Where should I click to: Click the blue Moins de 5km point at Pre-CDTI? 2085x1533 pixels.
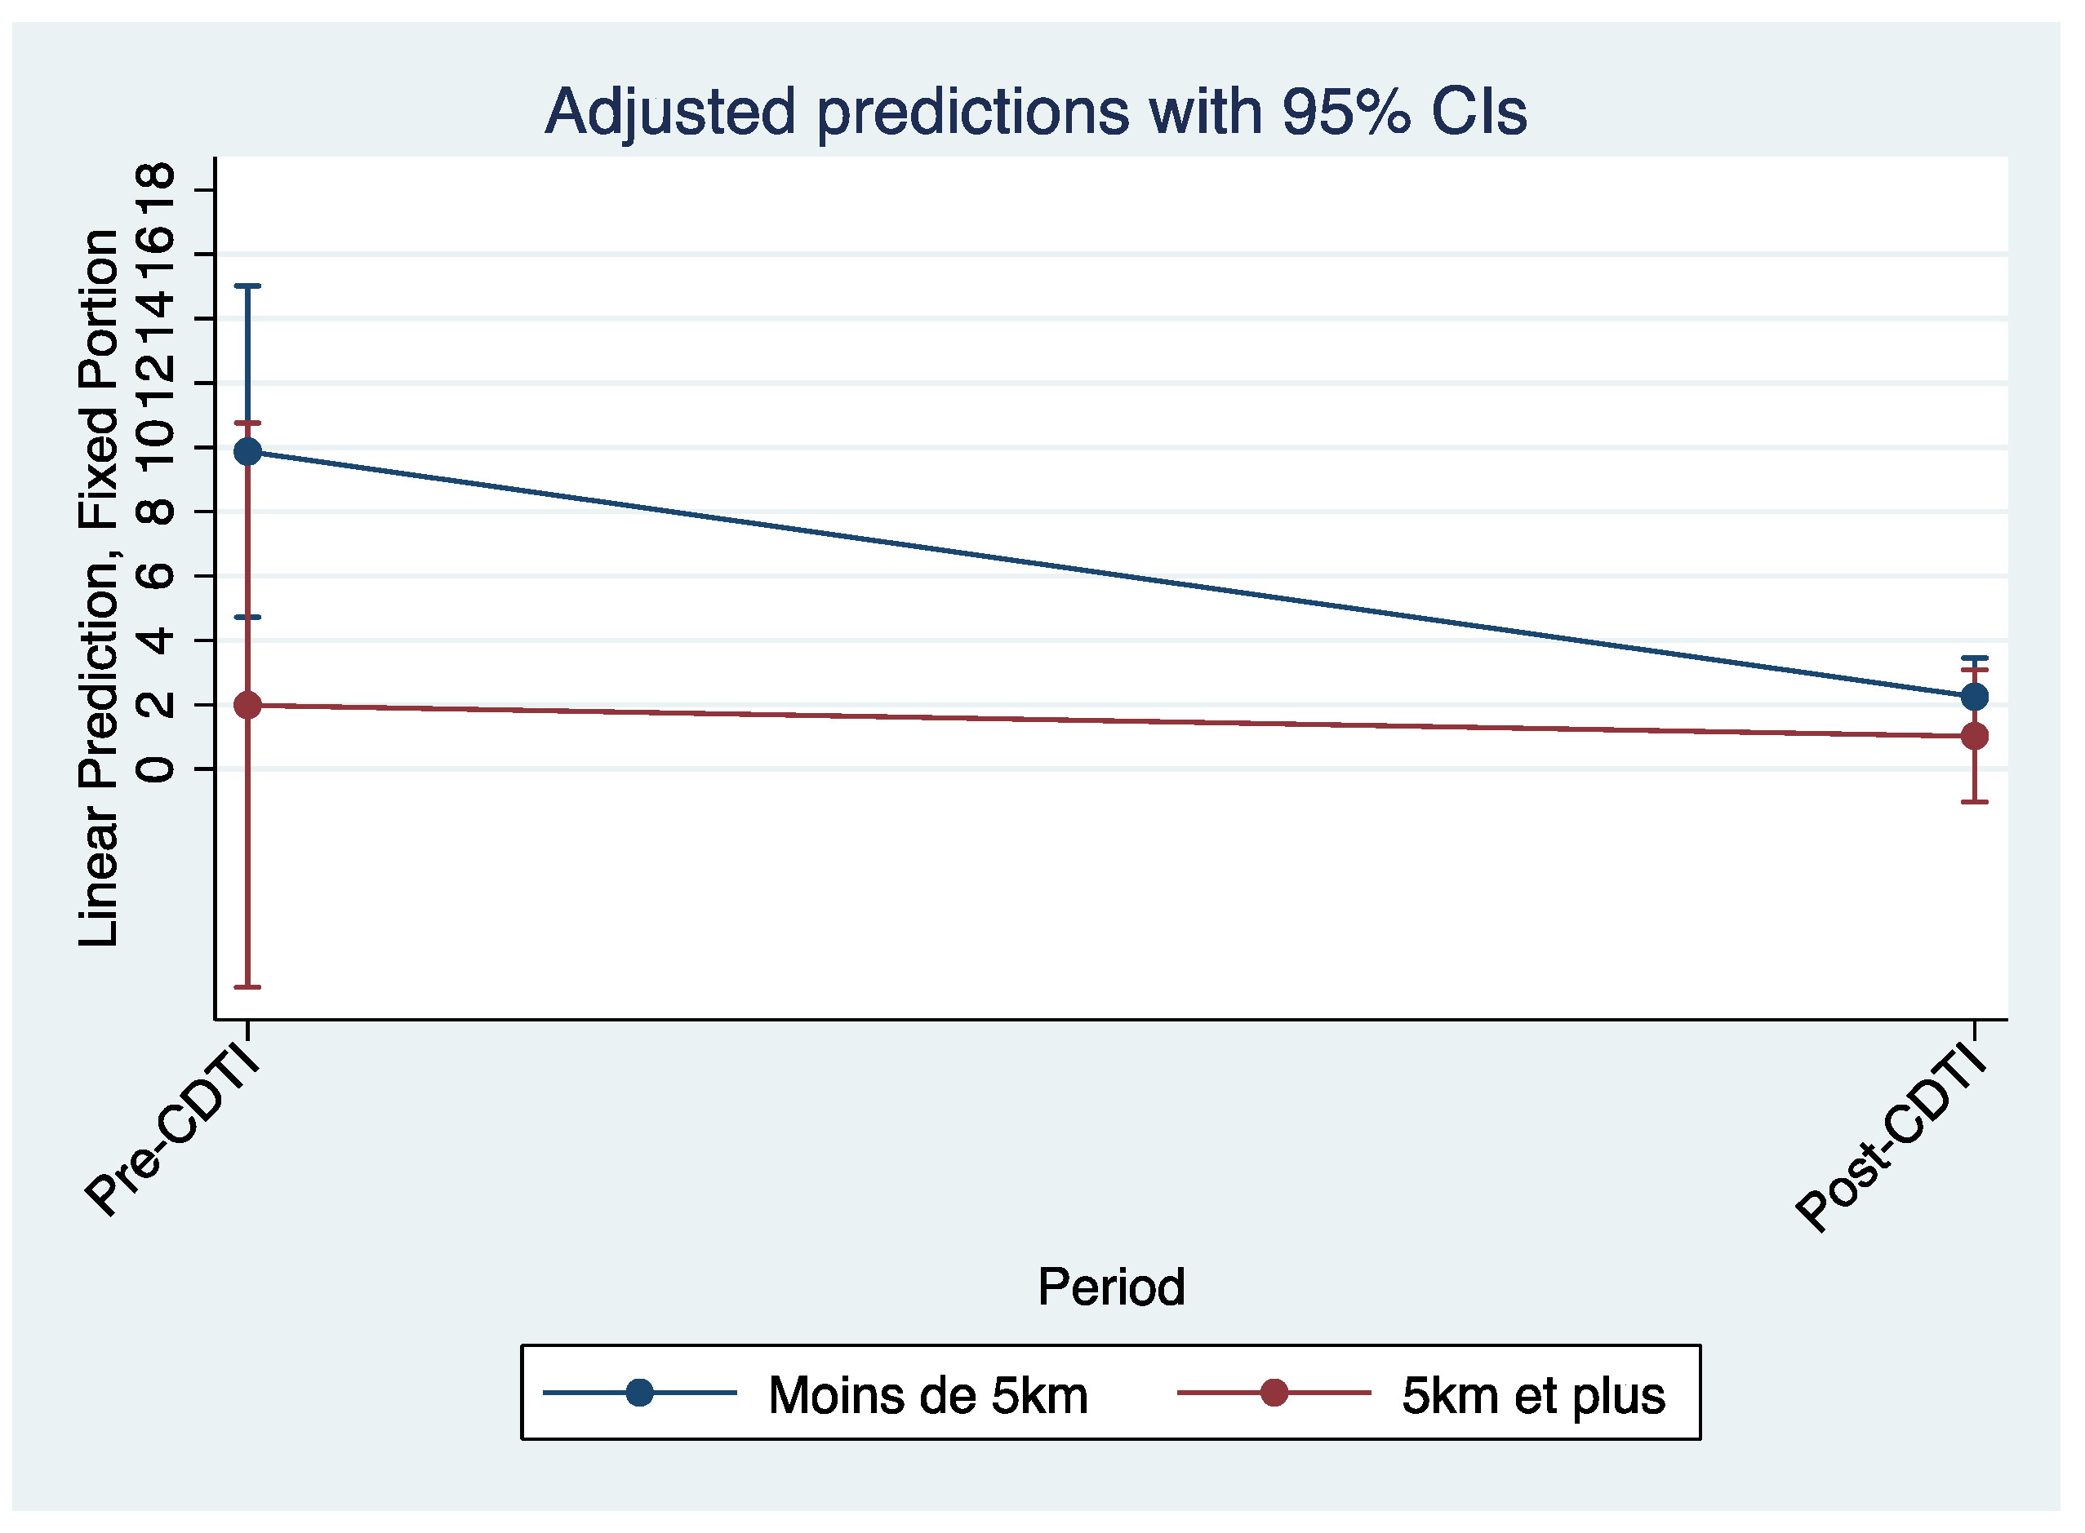tap(248, 452)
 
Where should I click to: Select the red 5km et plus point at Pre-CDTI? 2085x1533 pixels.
tap(248, 705)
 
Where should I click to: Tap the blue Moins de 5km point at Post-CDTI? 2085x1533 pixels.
tap(1974, 696)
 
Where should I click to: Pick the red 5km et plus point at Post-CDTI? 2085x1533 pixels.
tap(1974, 736)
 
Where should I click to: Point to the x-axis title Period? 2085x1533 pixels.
tap(1110, 1287)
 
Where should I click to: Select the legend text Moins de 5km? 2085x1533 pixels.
tap(927, 1396)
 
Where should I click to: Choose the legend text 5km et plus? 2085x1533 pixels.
tap(1534, 1396)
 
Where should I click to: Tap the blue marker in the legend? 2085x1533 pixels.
tap(639, 1393)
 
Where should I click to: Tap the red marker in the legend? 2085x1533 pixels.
tap(1274, 1393)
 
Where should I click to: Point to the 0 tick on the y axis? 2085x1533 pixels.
tap(154, 769)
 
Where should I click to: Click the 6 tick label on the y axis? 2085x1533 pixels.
tap(154, 576)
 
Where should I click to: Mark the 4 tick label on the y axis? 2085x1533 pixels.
tap(154, 640)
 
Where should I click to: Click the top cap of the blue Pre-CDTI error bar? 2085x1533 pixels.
tap(248, 286)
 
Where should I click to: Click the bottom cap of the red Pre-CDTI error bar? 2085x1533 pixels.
tap(248, 986)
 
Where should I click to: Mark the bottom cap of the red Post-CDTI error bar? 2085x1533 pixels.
tap(1974, 802)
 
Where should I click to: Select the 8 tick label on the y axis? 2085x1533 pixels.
tap(154, 512)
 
